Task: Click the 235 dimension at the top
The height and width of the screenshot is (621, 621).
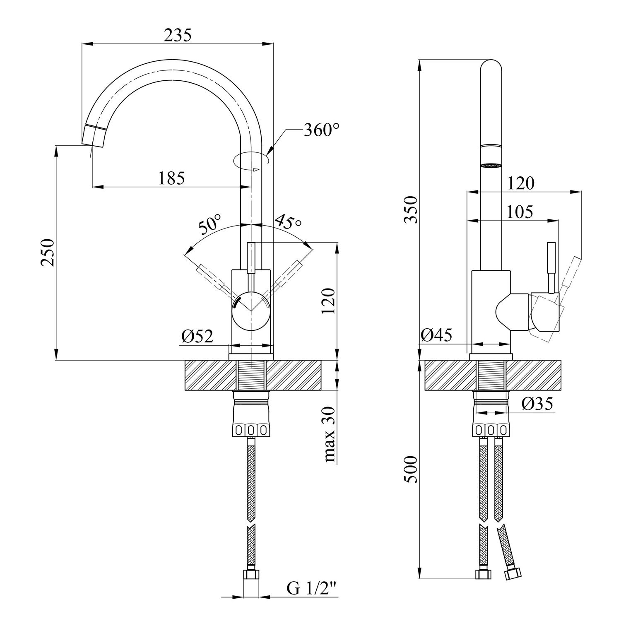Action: click(x=178, y=36)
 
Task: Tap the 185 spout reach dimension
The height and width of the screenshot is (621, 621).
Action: click(x=171, y=178)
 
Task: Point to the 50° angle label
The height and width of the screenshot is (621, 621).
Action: click(x=210, y=225)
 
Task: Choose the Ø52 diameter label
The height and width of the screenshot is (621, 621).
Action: click(x=197, y=337)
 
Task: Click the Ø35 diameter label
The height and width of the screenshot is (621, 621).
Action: click(x=537, y=404)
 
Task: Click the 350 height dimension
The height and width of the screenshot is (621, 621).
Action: click(x=410, y=209)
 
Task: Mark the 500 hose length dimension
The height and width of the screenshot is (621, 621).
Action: click(x=410, y=469)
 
